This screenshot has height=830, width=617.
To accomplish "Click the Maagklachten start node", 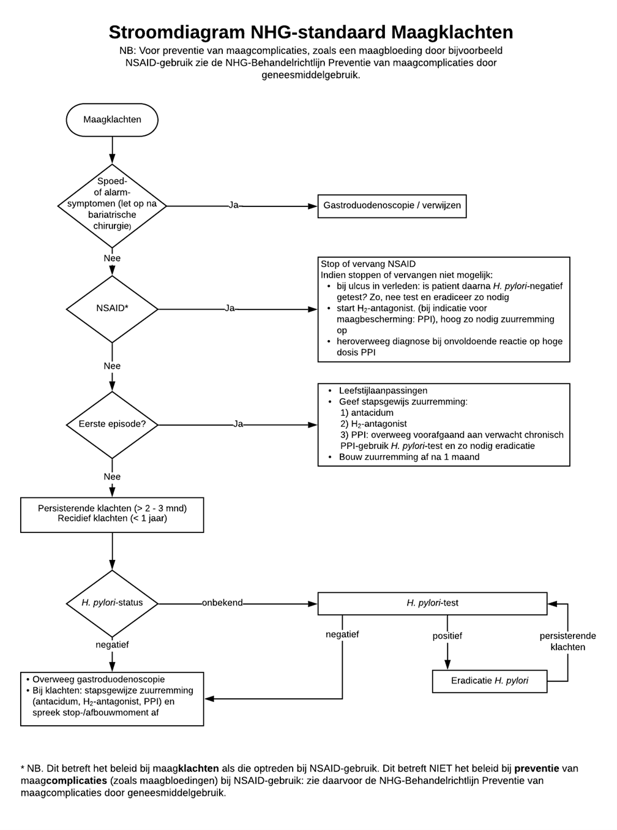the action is [x=112, y=119].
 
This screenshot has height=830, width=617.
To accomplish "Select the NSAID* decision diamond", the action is [x=112, y=309].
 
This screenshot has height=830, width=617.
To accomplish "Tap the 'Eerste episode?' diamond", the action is [x=112, y=424].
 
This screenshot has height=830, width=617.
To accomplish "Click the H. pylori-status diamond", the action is [x=112, y=603].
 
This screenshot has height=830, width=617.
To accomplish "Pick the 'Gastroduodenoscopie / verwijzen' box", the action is [x=392, y=206].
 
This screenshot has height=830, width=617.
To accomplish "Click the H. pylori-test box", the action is [x=432, y=603].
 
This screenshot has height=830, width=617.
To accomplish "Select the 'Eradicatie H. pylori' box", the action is [x=490, y=681].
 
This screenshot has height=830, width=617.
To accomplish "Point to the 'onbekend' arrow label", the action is [x=222, y=603].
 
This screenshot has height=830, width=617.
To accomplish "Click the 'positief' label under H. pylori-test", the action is [x=447, y=636].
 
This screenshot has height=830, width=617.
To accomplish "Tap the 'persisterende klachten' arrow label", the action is [x=567, y=641].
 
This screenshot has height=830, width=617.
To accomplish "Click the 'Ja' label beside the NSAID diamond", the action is [x=230, y=308].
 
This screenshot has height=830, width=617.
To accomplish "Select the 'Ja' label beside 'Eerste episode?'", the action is [x=238, y=424].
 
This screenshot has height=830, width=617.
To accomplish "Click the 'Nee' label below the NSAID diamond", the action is [x=112, y=366].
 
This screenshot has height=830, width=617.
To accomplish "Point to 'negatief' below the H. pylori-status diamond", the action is [x=112, y=645].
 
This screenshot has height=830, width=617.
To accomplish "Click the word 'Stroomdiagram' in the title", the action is [x=177, y=32].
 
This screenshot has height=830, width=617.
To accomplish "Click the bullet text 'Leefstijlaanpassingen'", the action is [x=383, y=391].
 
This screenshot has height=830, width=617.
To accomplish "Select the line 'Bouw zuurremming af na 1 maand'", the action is [x=409, y=457].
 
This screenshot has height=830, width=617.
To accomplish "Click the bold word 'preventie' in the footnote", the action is [x=537, y=769].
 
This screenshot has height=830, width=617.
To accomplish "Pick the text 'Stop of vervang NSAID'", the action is [x=368, y=264].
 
